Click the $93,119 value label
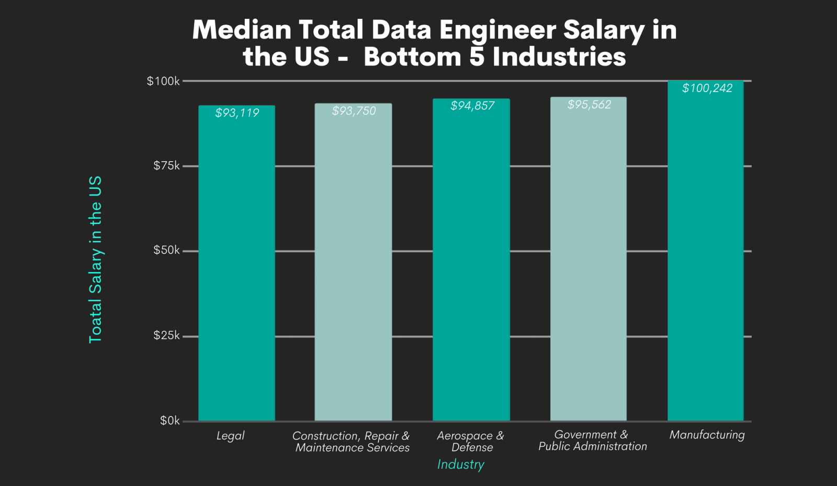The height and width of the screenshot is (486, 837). point(237,113)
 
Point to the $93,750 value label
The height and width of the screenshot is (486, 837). point(354,111)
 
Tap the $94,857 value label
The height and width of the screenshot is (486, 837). point(472,106)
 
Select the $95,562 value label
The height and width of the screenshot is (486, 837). point(590,105)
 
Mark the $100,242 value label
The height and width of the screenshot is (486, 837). point(707,88)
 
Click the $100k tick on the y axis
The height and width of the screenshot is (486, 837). point(163,81)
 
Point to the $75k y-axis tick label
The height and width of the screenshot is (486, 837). point(166,166)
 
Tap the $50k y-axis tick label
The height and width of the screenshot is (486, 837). point(166,251)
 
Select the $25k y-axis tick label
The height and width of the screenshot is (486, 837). point(166,335)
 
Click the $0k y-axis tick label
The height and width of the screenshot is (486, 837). point(169,421)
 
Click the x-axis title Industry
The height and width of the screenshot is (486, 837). point(461,465)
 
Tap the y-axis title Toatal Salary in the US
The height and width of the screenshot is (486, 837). point(95,259)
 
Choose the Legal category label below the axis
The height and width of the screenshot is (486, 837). point(231,436)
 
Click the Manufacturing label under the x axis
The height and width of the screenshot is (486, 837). point(707,435)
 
